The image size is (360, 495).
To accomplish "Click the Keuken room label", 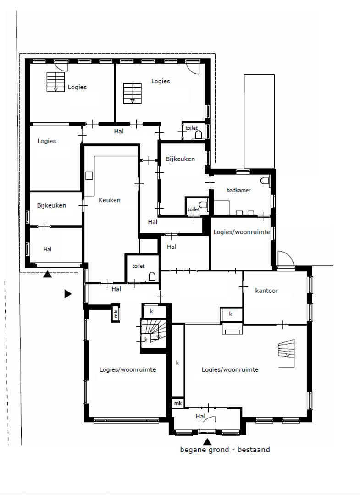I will click(x=110, y=200).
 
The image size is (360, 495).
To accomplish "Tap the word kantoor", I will click(x=266, y=290).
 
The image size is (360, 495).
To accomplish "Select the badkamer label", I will click(x=238, y=190).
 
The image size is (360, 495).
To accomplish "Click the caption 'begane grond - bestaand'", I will click(x=225, y=450).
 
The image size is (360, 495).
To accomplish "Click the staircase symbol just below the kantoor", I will click(x=286, y=349).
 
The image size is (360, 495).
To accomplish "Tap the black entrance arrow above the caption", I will click(x=207, y=441).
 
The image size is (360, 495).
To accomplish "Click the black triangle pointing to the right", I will click(x=68, y=294).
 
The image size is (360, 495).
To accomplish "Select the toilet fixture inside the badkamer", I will click(x=264, y=181).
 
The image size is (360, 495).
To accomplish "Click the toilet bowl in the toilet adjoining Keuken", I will click(x=152, y=275).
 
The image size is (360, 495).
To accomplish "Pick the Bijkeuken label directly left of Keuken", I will click(x=51, y=205).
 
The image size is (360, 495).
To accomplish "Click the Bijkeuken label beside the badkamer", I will click(x=180, y=159).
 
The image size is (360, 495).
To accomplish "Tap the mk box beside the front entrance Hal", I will click(x=177, y=403).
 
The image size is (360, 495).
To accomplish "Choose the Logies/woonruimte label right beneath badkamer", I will click(x=241, y=232).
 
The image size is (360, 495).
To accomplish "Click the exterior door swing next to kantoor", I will click(x=284, y=258).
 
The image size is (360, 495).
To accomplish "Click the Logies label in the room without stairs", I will click(x=46, y=141).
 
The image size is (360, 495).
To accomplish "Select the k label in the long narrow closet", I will click(x=177, y=363).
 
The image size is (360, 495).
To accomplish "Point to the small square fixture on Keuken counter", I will click(x=89, y=176).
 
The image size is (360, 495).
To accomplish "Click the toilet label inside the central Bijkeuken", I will click(x=194, y=209).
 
